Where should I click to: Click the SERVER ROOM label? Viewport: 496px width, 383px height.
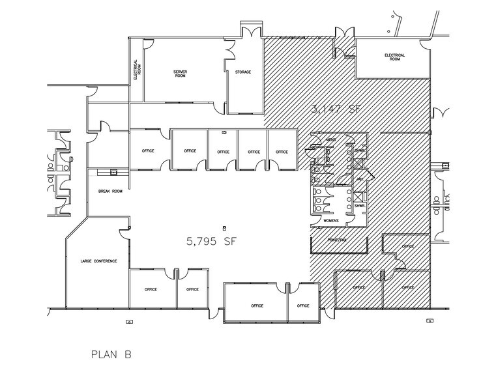[x=181, y=74]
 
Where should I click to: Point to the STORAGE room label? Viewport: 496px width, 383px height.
[x=243, y=72]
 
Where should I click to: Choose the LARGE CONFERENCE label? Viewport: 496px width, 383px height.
[x=98, y=261]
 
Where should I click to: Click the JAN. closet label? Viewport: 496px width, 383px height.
[x=358, y=178]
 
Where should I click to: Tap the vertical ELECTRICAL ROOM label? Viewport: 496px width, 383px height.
[x=136, y=69]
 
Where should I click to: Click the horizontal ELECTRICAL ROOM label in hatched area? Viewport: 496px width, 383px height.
[x=395, y=57]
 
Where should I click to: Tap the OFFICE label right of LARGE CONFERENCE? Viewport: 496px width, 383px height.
[x=151, y=289]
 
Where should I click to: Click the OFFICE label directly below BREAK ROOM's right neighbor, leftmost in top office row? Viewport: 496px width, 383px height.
[x=148, y=151]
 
